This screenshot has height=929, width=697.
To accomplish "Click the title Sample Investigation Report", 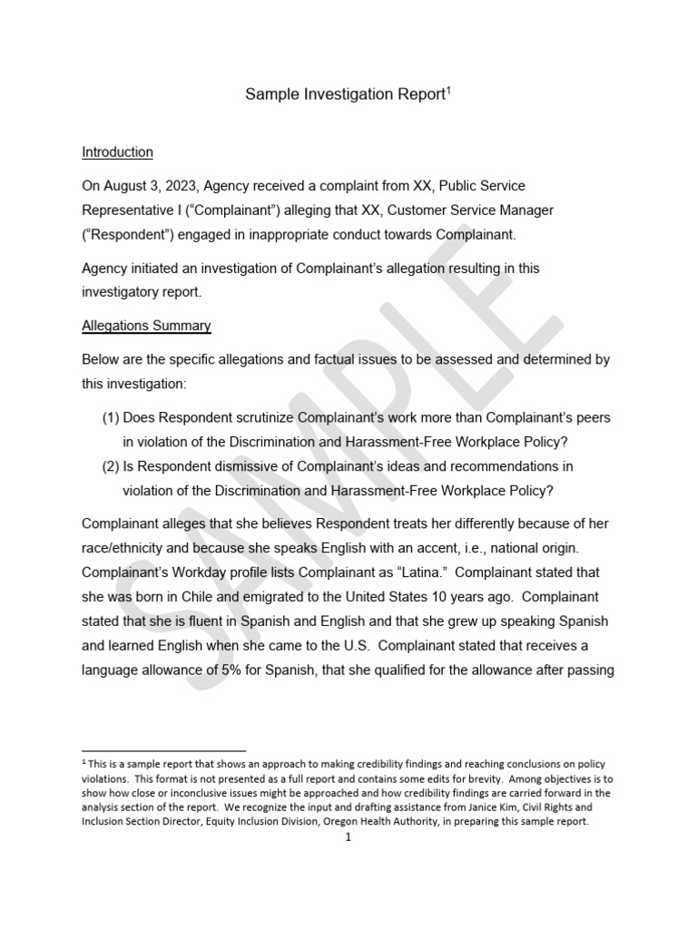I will tap(344, 96).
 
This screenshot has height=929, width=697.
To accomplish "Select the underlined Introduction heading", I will tap(117, 152).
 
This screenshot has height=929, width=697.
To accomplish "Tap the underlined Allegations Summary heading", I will tap(146, 325).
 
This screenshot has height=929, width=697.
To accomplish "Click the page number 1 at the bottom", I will tap(348, 837).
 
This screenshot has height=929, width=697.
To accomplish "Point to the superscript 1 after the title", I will tap(447, 91).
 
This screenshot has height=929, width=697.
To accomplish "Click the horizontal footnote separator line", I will tap(163, 751).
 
